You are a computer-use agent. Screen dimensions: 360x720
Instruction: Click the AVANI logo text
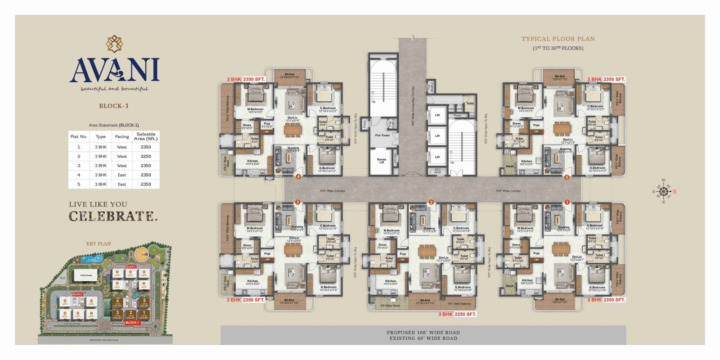point(114,70)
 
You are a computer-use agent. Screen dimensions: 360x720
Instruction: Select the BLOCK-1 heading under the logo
point(114,106)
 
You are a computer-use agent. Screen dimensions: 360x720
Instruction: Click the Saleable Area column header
point(146,136)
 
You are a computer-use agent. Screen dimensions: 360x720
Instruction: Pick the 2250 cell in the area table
point(146,156)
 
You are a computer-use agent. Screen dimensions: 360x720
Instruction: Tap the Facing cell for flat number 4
point(122,175)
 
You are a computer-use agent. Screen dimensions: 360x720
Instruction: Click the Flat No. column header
point(78,136)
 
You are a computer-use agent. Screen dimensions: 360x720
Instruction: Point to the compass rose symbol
point(663,191)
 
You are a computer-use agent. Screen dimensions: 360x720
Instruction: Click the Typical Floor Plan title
point(558,39)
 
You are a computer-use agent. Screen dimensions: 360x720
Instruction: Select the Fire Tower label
point(382,135)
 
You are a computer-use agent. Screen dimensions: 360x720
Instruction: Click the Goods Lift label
point(381,160)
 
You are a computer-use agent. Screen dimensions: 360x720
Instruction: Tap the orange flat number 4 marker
point(298,177)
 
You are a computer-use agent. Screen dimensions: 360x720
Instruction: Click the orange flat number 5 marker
point(567,177)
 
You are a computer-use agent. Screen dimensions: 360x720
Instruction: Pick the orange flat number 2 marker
point(431,202)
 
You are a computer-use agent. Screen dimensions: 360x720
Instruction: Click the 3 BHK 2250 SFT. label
point(457,314)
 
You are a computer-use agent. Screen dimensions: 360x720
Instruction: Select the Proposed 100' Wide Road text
point(423,333)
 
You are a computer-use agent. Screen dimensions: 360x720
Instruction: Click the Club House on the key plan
point(86,275)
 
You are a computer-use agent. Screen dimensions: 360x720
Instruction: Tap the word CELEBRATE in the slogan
point(113,216)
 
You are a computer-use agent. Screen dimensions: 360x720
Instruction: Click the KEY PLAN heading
point(99,244)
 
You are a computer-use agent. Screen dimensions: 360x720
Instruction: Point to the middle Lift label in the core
point(437,136)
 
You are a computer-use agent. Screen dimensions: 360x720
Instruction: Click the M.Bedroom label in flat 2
point(391,231)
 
